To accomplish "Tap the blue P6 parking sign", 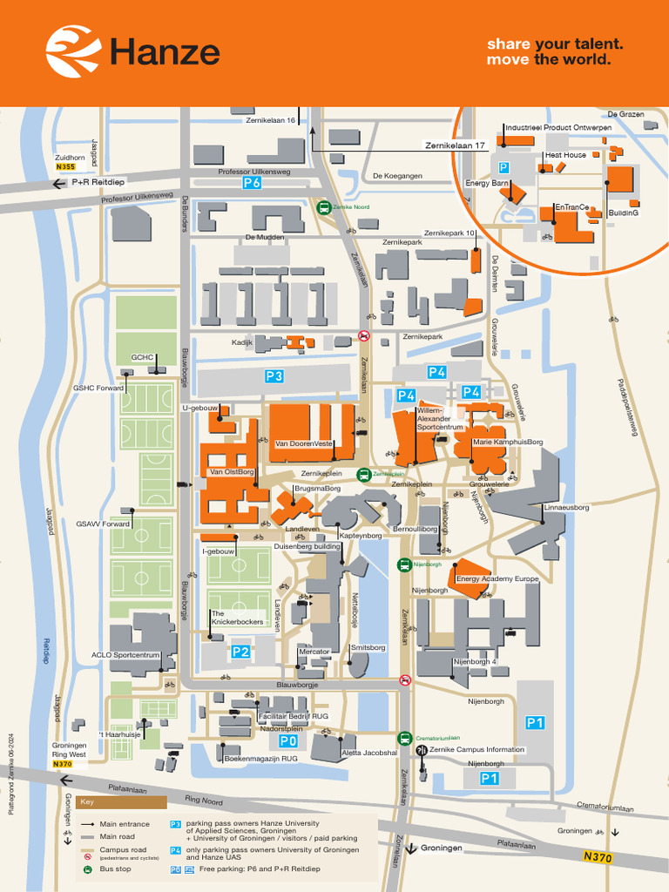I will [252, 183].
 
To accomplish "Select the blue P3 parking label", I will [274, 376].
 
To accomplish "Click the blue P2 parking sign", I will [240, 651].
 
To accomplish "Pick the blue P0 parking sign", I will [287, 741].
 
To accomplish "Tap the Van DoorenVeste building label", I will [305, 443].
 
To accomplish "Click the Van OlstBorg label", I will [232, 472].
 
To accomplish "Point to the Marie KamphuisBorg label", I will [508, 443].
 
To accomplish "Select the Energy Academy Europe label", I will [497, 578].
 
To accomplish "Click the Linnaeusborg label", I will [566, 507].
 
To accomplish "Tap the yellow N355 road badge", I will [64, 166].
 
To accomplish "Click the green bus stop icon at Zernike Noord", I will [323, 208].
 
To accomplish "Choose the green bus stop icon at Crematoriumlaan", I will [405, 737].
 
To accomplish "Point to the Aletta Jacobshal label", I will [369, 753].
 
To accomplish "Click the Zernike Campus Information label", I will [477, 749].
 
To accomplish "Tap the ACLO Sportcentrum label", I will [126, 655].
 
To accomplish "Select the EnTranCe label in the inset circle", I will [571, 207].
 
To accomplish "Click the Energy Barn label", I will [487, 183].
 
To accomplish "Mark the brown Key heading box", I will [108, 802].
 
